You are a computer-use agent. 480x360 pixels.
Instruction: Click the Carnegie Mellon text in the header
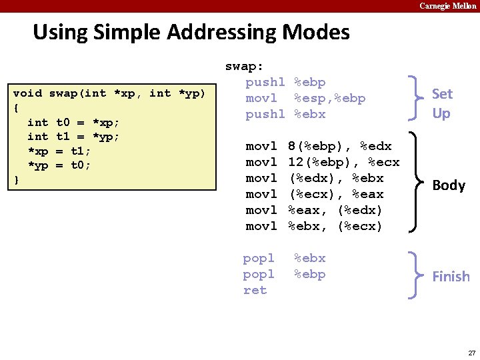coord(448,6)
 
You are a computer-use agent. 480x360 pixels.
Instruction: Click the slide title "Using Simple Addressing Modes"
coord(191,32)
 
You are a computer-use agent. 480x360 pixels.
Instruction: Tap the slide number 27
coord(471,352)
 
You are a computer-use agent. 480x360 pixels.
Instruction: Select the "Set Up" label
coord(441,103)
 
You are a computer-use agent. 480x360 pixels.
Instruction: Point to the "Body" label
coord(449,185)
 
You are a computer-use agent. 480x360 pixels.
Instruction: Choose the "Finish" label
coord(451,276)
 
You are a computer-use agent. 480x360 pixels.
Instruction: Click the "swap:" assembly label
coord(244,66)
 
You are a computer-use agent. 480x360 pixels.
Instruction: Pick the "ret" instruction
coord(255,290)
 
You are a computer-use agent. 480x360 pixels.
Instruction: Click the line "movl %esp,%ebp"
coord(305,98)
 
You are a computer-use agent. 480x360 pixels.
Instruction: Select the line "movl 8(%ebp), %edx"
coord(319,146)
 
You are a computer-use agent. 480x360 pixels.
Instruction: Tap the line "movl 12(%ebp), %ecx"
coord(323,162)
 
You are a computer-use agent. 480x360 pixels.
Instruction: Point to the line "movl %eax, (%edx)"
coord(314,210)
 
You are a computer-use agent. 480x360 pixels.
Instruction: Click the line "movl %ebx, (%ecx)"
coord(314,226)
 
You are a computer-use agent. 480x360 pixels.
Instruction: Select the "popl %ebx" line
coord(284,258)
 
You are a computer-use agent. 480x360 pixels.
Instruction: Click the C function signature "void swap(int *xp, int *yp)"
coord(109,93)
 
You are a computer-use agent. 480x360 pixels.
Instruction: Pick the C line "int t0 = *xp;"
coord(73,123)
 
